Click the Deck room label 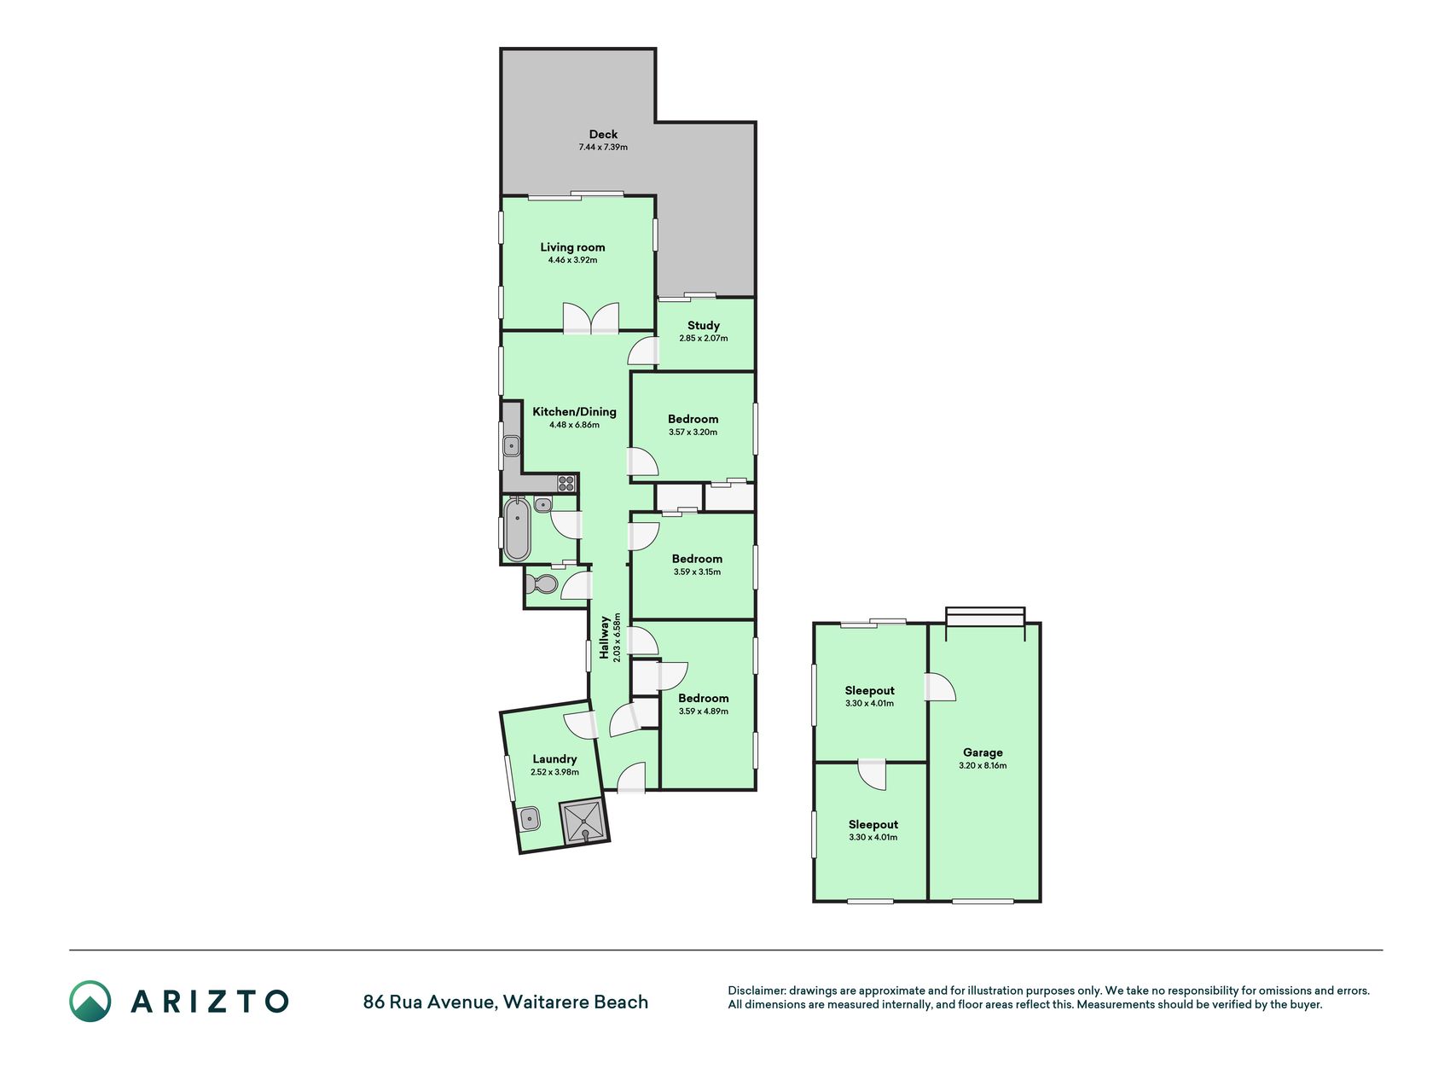[603, 134]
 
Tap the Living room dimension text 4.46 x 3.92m [572, 260]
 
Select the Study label [704, 325]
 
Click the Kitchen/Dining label [574, 411]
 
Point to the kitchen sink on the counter [511, 445]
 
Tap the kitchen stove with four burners [566, 483]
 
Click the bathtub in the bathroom [517, 529]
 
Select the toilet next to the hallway [541, 584]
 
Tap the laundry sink [530, 819]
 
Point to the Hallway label [605, 637]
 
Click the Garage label [983, 752]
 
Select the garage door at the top [985, 617]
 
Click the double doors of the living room [590, 318]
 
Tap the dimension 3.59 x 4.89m [704, 712]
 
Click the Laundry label [554, 758]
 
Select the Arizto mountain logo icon [90, 1002]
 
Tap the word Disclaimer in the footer [756, 990]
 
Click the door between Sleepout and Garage [941, 688]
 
